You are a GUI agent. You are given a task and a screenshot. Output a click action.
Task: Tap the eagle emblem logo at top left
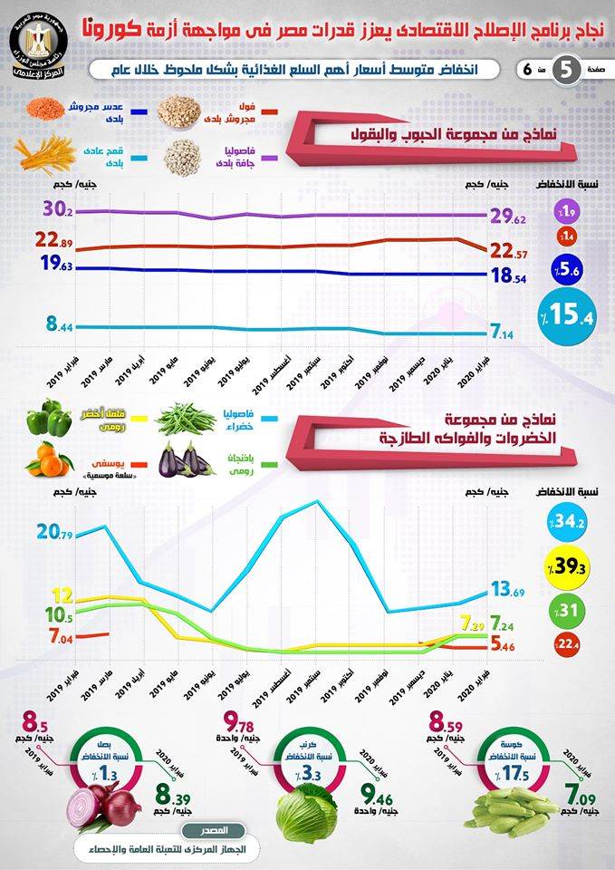point(37,46)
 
